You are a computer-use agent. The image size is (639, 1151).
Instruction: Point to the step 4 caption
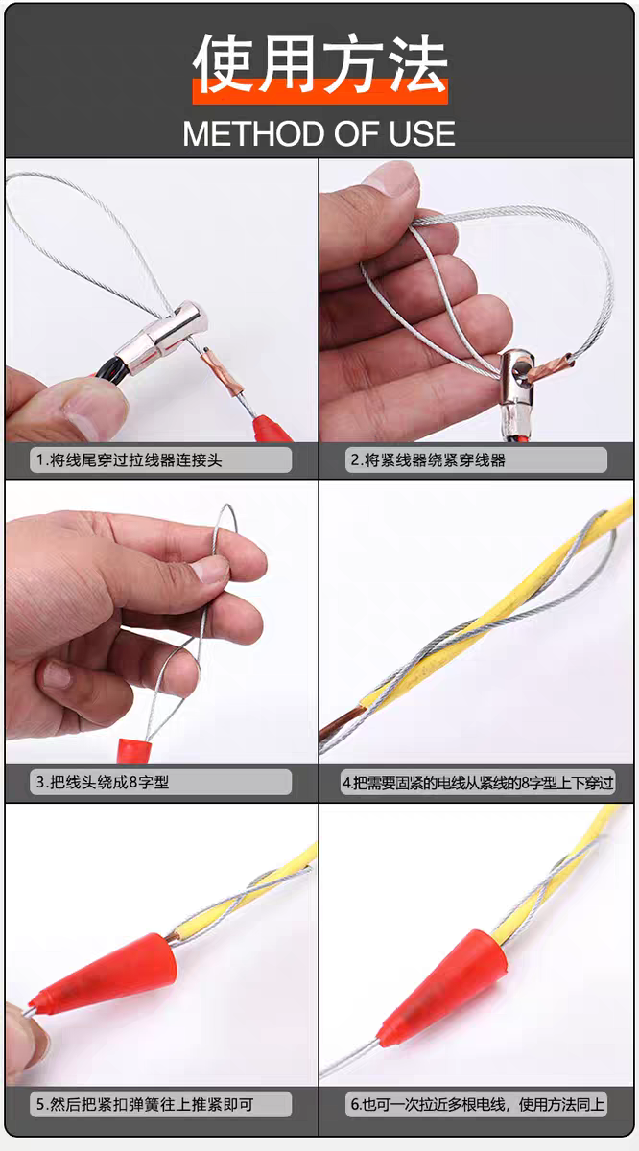click(477, 783)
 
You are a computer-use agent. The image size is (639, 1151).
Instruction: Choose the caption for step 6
click(477, 1105)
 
